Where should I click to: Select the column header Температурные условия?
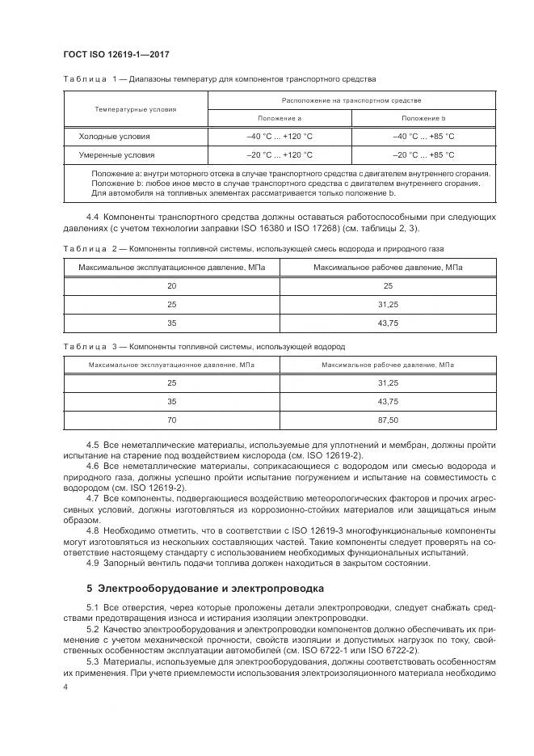[x=135, y=108]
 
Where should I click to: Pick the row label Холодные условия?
[x=114, y=137]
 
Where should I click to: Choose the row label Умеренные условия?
[x=116, y=154]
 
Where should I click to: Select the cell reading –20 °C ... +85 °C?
[x=423, y=154]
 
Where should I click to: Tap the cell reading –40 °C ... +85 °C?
[x=423, y=137]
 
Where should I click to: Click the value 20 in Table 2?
[x=171, y=286]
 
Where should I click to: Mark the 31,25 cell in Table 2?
[x=388, y=305]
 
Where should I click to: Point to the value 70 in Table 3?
[x=171, y=420]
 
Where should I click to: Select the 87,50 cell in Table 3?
[x=388, y=420]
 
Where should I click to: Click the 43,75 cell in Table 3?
[x=388, y=401]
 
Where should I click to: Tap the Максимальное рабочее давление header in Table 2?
[x=388, y=268]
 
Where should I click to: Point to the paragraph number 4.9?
[x=92, y=564]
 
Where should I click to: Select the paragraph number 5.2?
[x=92, y=628]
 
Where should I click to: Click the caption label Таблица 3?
[x=85, y=347]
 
